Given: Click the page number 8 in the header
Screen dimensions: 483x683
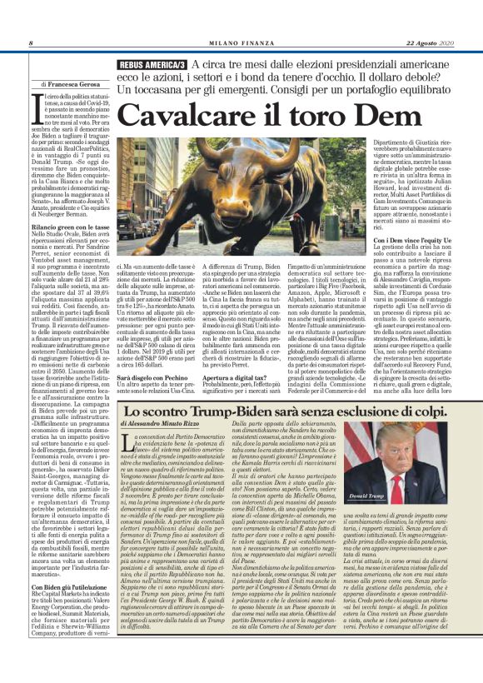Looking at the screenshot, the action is [30, 43].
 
